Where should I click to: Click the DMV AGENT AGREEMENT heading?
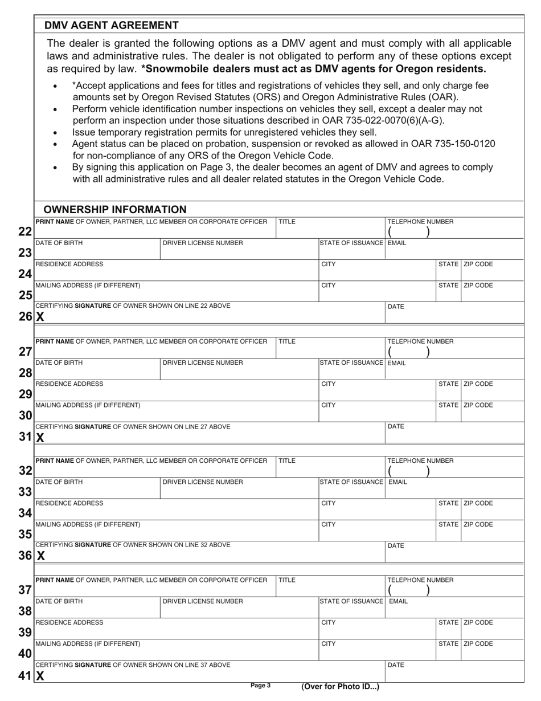112,26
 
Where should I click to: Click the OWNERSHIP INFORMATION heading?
115,210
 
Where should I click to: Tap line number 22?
25,232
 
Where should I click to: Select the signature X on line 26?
40,317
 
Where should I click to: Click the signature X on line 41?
40,676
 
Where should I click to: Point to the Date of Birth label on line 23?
59,243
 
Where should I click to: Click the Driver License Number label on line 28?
203,363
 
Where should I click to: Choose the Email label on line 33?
397,482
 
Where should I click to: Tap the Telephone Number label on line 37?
420,580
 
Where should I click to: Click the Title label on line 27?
286,341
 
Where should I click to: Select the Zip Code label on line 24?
478,264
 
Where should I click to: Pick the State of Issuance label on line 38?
351,601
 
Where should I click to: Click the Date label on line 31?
396,426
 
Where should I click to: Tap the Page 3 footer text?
260,686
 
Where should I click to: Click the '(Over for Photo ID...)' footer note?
340,687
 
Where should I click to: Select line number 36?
25,555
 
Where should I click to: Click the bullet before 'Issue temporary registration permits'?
55,133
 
